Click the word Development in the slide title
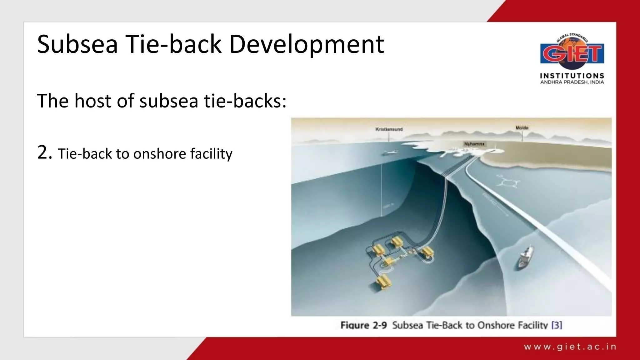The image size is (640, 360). pyautogui.click(x=306, y=45)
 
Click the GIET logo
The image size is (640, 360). pyautogui.click(x=572, y=53)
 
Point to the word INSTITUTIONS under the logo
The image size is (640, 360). pyautogui.click(x=572, y=76)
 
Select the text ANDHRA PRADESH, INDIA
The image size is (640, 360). pyautogui.click(x=572, y=82)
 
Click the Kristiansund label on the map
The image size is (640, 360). pyautogui.click(x=389, y=129)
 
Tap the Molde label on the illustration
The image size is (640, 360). pyautogui.click(x=522, y=128)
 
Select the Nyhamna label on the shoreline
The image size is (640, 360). pyautogui.click(x=474, y=144)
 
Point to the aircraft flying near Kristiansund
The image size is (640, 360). pyautogui.click(x=389, y=152)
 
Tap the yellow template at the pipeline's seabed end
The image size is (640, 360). pyautogui.click(x=427, y=252)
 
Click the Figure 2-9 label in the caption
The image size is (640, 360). pyautogui.click(x=363, y=325)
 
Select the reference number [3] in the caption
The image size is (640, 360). pyautogui.click(x=557, y=325)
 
